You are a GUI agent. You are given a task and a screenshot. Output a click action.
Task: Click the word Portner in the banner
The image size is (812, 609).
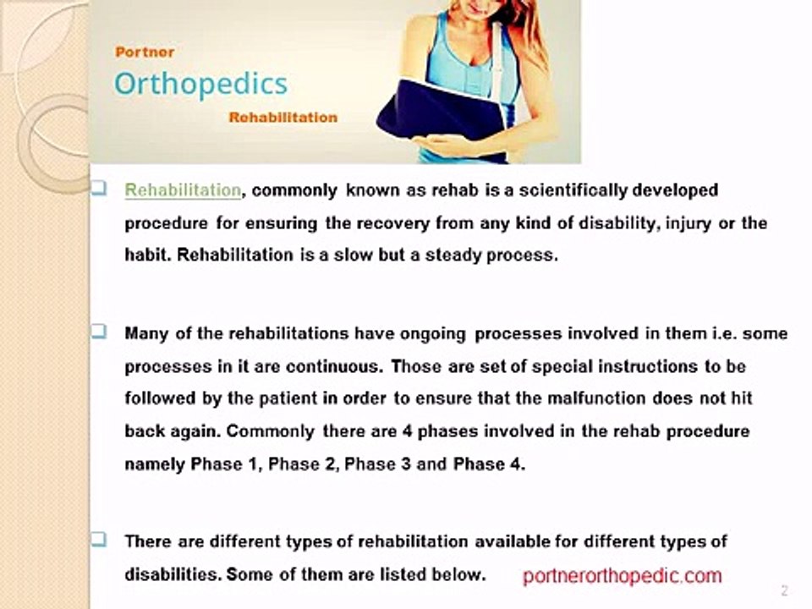(145, 52)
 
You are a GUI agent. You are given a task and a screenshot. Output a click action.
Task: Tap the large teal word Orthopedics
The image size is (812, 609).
(200, 85)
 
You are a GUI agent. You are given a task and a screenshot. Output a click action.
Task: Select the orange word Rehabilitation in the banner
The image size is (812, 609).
(283, 118)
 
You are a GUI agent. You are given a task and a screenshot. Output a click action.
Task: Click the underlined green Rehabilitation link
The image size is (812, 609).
(183, 190)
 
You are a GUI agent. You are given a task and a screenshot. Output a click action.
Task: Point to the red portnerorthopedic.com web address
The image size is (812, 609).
(622, 576)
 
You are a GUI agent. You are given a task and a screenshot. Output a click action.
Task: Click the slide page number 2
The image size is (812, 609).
(785, 590)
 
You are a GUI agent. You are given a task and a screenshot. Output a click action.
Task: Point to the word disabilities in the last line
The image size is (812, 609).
(173, 574)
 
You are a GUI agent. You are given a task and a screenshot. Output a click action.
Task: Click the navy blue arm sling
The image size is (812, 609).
(440, 112)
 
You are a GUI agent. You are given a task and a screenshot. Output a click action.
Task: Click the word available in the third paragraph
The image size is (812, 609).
(513, 541)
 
